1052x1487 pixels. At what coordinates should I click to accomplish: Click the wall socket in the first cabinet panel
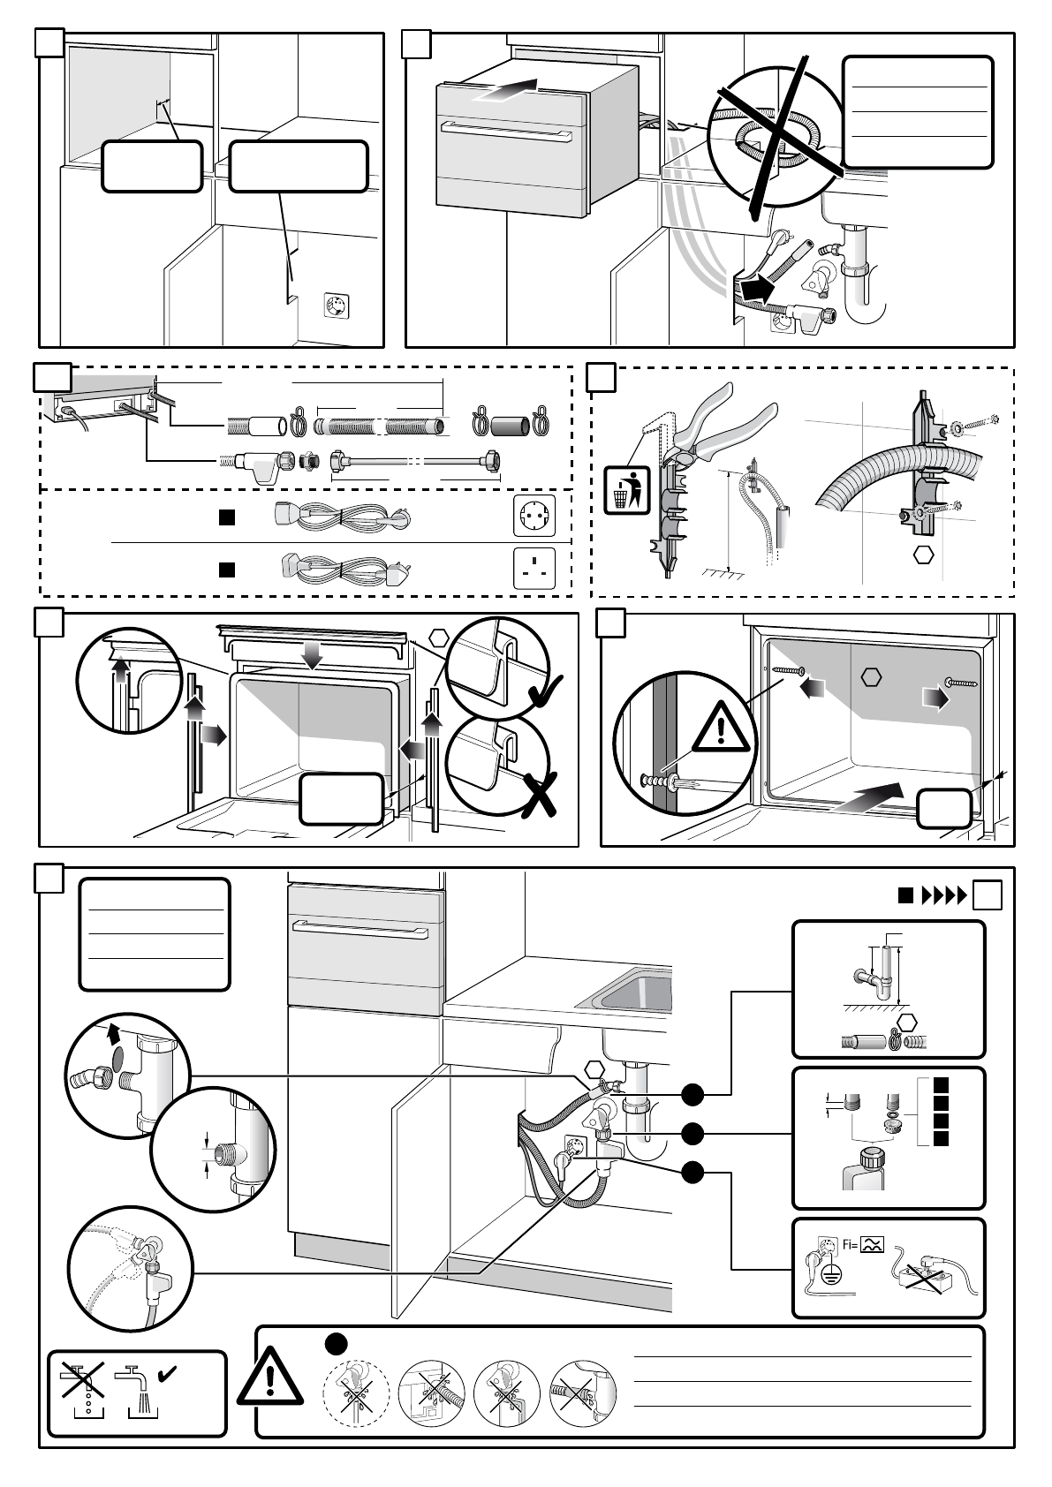(337, 306)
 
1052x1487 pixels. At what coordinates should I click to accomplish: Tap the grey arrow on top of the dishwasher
(503, 90)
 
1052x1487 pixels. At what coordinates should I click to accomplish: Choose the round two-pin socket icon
(534, 516)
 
